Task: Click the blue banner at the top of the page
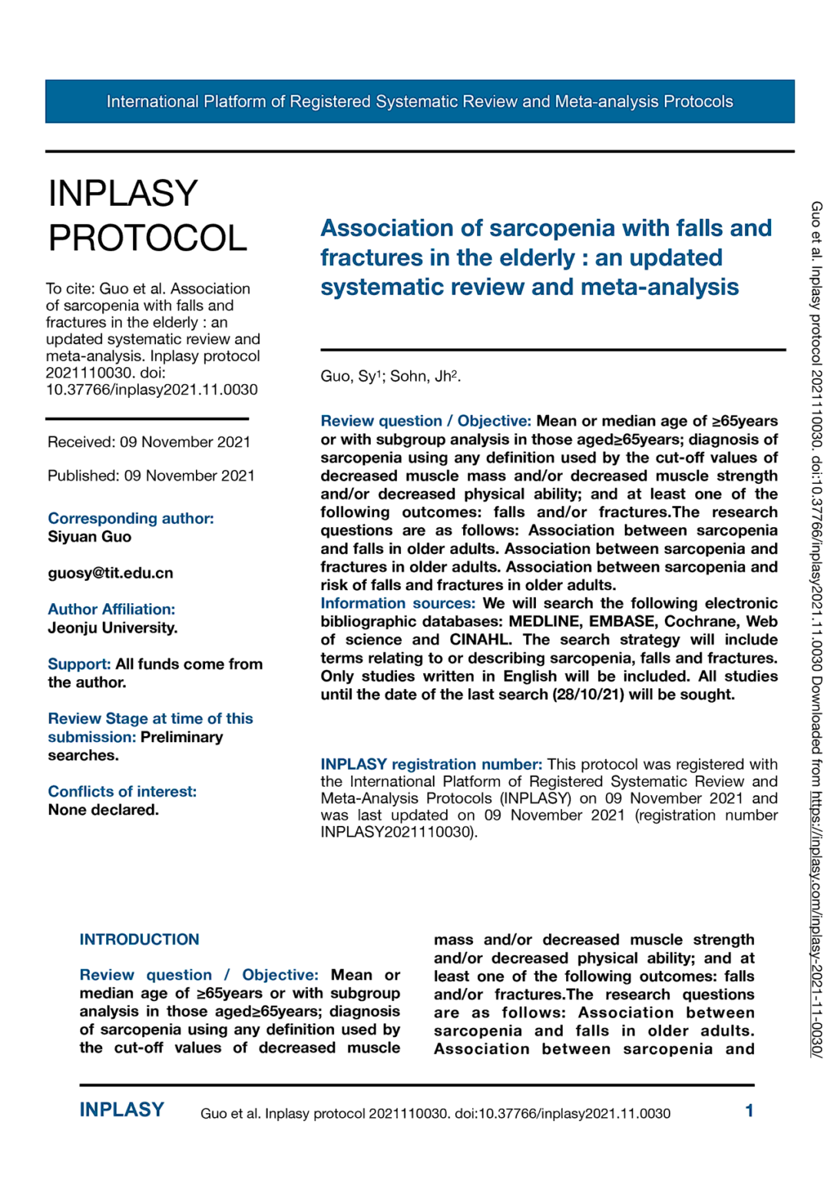(x=419, y=101)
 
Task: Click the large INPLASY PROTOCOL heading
(x=147, y=215)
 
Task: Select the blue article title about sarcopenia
(x=545, y=257)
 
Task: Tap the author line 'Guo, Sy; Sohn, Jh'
(x=390, y=376)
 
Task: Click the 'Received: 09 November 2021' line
(x=149, y=442)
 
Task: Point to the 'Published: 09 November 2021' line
(x=151, y=476)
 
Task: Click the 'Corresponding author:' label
(x=131, y=519)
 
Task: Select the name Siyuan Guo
(x=89, y=537)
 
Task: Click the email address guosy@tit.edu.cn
(x=111, y=573)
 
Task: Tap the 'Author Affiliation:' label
(x=111, y=609)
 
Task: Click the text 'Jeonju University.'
(x=112, y=628)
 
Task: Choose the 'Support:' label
(x=79, y=665)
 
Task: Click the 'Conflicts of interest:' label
(x=122, y=792)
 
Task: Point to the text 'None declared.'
(x=103, y=810)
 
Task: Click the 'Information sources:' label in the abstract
(x=398, y=604)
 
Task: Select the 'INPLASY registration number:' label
(x=431, y=764)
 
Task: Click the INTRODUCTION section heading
(x=139, y=940)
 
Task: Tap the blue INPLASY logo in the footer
(x=121, y=1110)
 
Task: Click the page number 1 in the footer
(x=749, y=1111)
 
